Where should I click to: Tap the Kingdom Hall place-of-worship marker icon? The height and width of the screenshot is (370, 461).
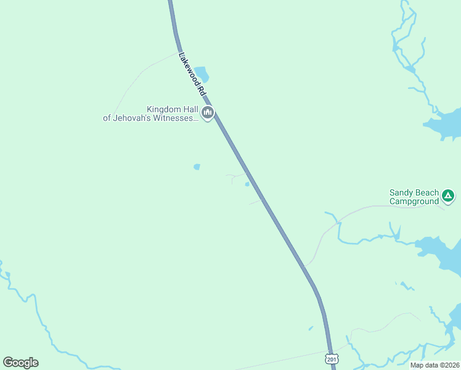point(208,113)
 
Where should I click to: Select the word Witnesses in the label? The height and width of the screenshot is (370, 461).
point(173,118)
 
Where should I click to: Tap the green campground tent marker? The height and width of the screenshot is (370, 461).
point(448,197)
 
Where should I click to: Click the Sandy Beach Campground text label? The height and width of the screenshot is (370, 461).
point(414,197)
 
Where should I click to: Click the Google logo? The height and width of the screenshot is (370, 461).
point(20,363)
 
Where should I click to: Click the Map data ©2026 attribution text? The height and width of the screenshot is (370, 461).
point(434,365)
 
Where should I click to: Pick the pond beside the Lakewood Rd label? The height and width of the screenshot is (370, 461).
point(202,75)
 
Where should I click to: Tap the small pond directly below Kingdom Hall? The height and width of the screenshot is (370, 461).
point(197,166)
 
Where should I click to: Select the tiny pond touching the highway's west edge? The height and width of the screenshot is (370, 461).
point(247,184)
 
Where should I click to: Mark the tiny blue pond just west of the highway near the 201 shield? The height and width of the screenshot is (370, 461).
point(311,328)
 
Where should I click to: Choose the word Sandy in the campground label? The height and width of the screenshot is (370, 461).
point(401,192)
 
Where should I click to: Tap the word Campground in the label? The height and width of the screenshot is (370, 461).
point(414,201)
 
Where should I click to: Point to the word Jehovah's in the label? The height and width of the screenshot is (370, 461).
point(133,118)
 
